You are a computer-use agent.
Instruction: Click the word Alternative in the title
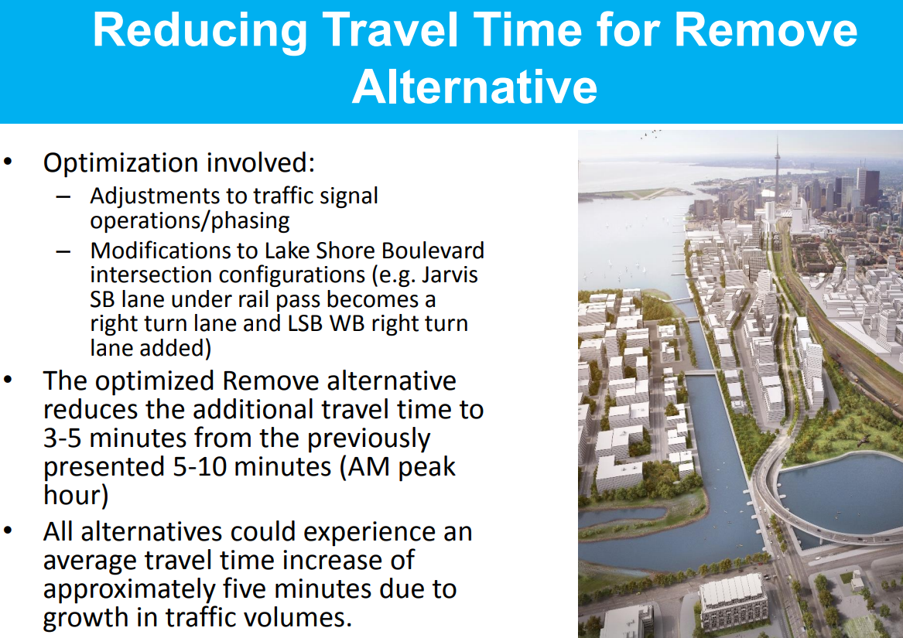[474, 87]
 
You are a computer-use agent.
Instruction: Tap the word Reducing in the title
[200, 30]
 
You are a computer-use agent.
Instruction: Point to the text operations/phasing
[190, 221]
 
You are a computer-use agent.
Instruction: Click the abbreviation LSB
[306, 323]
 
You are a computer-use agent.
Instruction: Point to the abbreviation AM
[368, 467]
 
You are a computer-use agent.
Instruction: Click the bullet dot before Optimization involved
[8, 162]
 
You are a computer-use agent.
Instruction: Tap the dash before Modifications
[63, 251]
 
